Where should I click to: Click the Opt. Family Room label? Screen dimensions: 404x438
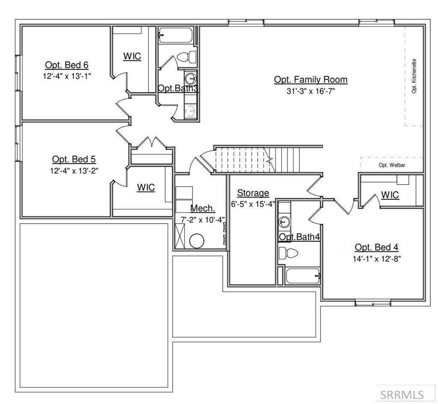(311, 79)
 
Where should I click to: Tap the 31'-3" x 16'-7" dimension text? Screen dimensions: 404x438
(311, 91)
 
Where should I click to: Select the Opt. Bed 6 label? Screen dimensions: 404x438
(67, 65)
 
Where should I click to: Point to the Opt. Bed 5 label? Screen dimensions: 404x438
(74, 159)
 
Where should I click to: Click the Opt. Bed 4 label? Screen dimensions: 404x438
(376, 247)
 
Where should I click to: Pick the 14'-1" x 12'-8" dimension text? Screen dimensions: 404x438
(376, 259)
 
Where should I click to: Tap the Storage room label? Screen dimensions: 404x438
(253, 193)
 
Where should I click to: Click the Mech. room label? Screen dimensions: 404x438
(203, 208)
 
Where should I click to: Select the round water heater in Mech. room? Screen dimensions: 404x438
(197, 240)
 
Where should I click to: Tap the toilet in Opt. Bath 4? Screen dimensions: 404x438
(288, 253)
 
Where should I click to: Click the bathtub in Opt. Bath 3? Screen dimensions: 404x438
(176, 35)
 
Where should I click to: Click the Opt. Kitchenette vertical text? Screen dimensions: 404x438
(414, 76)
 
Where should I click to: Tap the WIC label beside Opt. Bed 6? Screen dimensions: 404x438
(132, 57)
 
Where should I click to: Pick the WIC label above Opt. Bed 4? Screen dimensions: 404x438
(390, 195)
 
